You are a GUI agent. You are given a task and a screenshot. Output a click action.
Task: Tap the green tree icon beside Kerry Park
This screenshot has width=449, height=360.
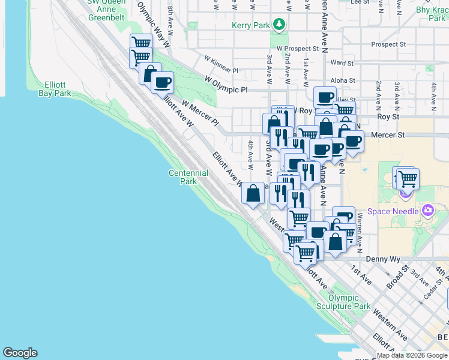(278, 25)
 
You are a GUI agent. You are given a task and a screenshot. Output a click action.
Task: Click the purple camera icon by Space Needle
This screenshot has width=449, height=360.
(427, 210)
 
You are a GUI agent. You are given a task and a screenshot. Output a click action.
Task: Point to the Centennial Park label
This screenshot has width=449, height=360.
(188, 177)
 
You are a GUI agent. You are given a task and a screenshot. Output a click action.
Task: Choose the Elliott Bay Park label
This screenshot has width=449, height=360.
(54, 89)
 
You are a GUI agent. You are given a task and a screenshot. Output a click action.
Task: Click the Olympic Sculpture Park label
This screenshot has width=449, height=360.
(349, 302)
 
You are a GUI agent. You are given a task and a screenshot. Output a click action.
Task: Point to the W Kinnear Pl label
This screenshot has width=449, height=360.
(221, 61)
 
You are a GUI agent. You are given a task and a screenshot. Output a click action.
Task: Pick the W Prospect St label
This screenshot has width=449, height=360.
(297, 48)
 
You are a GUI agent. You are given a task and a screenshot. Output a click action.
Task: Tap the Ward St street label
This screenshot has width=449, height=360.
(342, 62)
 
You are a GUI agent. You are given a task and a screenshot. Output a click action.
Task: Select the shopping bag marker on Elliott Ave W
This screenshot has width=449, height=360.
(253, 193)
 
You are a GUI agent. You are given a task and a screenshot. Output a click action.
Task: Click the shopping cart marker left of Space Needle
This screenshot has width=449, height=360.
(408, 178)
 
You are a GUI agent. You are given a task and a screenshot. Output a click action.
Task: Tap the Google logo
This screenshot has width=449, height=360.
(20, 353)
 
